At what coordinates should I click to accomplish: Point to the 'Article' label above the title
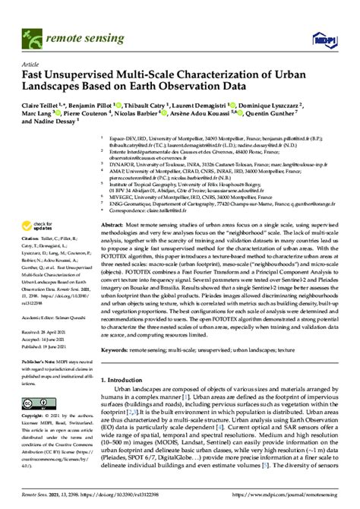(31, 64)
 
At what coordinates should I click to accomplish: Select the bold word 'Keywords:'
(114, 352)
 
